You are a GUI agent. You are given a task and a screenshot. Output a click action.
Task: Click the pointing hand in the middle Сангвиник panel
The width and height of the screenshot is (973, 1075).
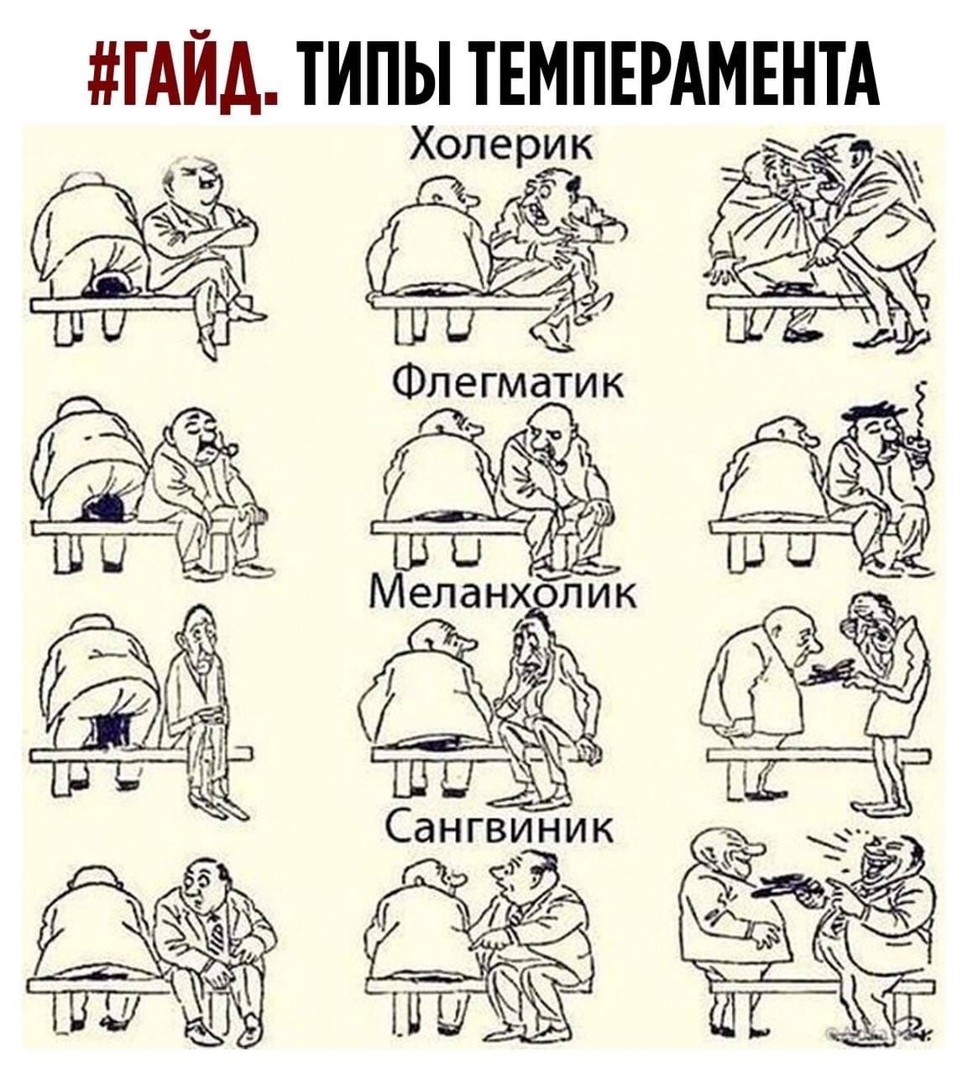[494, 936]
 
